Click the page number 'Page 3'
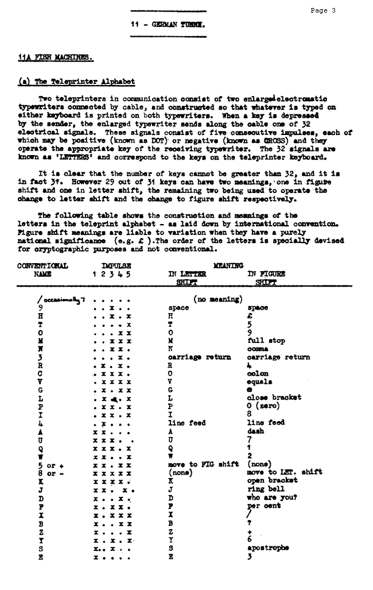323,10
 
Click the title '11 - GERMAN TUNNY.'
168,25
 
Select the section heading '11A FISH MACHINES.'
56,57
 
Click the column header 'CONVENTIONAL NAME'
43,270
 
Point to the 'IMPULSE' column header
116,266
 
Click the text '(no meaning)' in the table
217,299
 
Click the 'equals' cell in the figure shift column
259,381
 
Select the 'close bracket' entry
274,398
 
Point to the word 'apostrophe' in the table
268,547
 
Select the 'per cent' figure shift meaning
264,506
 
